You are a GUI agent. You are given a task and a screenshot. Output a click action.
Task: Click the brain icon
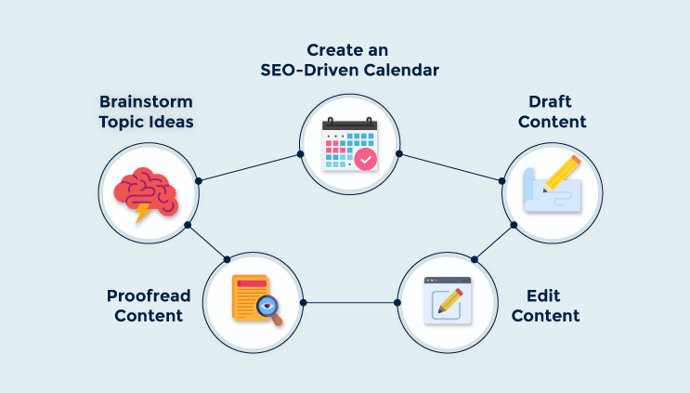(144, 190)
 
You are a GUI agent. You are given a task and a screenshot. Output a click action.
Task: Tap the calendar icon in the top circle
(349, 145)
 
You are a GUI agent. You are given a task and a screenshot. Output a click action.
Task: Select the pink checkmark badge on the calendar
(366, 160)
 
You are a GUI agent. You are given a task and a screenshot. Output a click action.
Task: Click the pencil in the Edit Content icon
(449, 301)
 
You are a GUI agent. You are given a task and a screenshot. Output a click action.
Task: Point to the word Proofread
(149, 296)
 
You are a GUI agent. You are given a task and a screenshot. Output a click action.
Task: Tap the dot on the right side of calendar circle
(398, 152)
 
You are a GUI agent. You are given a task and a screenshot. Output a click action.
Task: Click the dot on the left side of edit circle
(397, 303)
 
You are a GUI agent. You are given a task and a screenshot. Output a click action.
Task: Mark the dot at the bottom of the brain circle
(188, 225)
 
